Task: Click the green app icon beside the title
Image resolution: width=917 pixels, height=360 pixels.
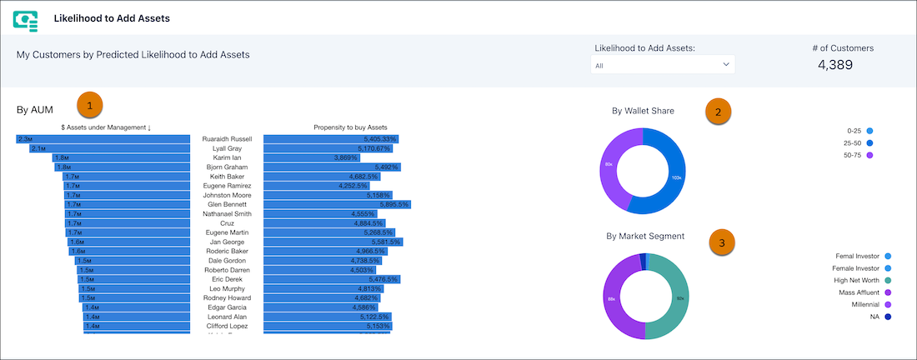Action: click(26, 20)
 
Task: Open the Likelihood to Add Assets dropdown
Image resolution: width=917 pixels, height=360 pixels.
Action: click(662, 64)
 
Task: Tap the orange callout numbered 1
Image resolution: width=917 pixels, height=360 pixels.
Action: click(90, 105)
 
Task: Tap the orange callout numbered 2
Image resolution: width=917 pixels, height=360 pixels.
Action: click(719, 111)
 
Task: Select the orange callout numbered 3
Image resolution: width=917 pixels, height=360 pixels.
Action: click(722, 243)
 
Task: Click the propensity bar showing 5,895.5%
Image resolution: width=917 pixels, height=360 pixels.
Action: click(337, 204)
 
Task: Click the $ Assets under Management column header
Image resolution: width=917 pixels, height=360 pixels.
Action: click(106, 127)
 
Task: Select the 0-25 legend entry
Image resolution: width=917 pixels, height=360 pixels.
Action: click(859, 131)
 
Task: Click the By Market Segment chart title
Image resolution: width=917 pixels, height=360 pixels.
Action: click(645, 236)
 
